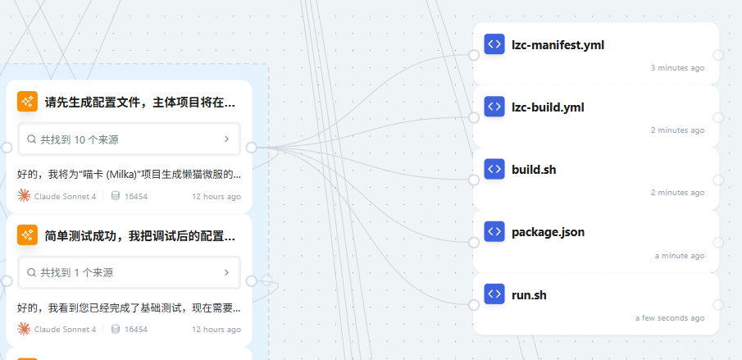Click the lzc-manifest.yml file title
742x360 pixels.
[558, 45]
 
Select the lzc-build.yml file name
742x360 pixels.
[548, 107]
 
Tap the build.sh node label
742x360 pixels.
[534, 170]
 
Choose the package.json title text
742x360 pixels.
[548, 232]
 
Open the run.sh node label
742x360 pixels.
[529, 295]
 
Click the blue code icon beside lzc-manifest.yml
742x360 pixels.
[494, 44]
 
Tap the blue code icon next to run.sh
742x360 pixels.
[494, 294]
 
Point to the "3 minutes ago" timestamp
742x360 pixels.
[678, 67]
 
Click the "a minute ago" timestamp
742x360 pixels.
[680, 256]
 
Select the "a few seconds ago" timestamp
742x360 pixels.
[670, 318]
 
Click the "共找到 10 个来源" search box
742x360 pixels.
[129, 139]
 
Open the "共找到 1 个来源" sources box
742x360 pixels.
[129, 272]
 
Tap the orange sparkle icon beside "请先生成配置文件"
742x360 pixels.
[27, 101]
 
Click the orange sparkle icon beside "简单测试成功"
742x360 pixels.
[27, 235]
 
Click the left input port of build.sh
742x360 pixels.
[474, 180]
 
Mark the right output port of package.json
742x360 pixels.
[718, 243]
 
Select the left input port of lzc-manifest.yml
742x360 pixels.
[474, 55]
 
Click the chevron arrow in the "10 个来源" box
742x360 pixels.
[226, 139]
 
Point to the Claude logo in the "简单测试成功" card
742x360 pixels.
[24, 329]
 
